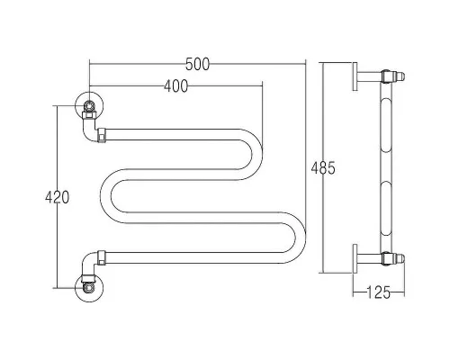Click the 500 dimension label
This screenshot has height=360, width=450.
(197, 64)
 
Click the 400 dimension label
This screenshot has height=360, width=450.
(175, 86)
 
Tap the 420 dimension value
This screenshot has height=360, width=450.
(57, 197)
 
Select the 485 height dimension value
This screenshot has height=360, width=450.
(323, 168)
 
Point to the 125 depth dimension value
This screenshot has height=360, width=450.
(379, 292)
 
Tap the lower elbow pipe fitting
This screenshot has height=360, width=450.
(89, 264)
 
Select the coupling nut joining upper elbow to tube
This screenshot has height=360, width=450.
(102, 135)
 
